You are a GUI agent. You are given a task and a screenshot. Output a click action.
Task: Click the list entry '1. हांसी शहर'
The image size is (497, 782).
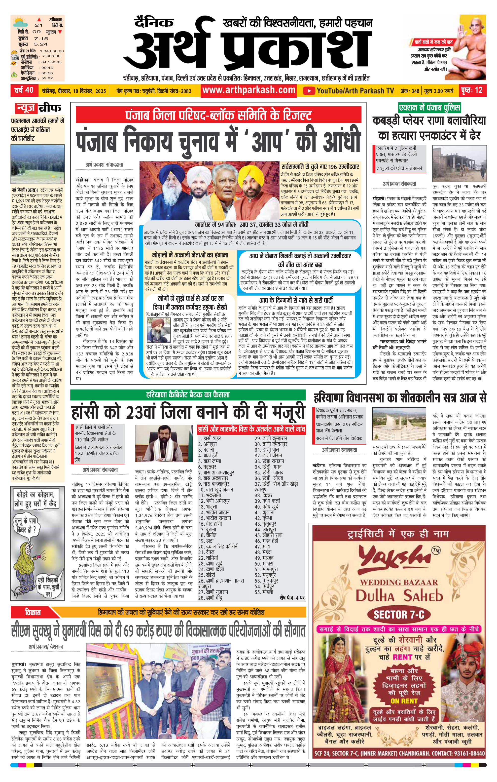click(210, 438)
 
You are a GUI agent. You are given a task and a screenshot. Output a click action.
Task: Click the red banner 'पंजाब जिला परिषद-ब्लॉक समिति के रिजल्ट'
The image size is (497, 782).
click(218, 115)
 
